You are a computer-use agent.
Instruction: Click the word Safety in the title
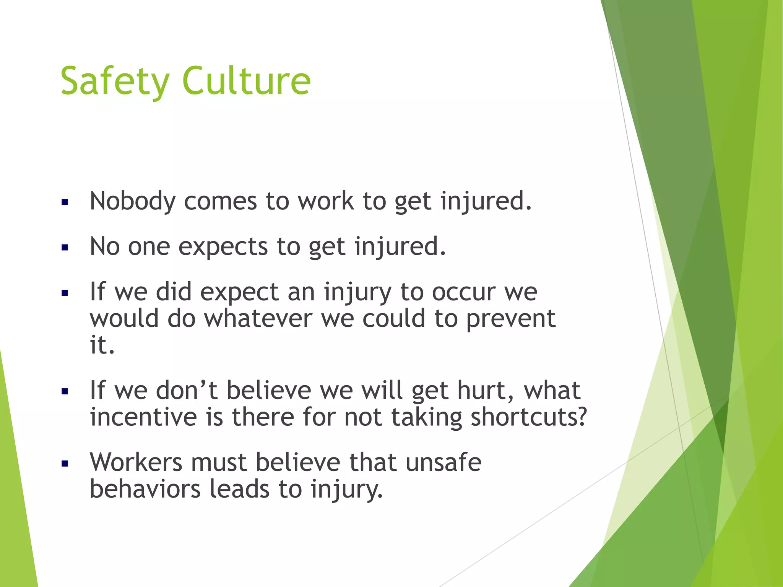click(115, 81)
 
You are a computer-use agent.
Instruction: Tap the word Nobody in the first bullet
click(132, 201)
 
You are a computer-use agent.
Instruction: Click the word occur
click(464, 292)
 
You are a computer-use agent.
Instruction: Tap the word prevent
click(510, 319)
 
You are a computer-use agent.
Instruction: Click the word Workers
click(136, 462)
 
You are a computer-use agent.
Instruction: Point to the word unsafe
click(443, 462)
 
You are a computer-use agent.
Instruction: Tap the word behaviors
click(145, 489)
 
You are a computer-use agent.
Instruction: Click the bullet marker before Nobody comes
click(65, 202)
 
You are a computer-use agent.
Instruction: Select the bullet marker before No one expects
click(65, 248)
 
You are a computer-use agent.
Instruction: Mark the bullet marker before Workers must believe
click(65, 464)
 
